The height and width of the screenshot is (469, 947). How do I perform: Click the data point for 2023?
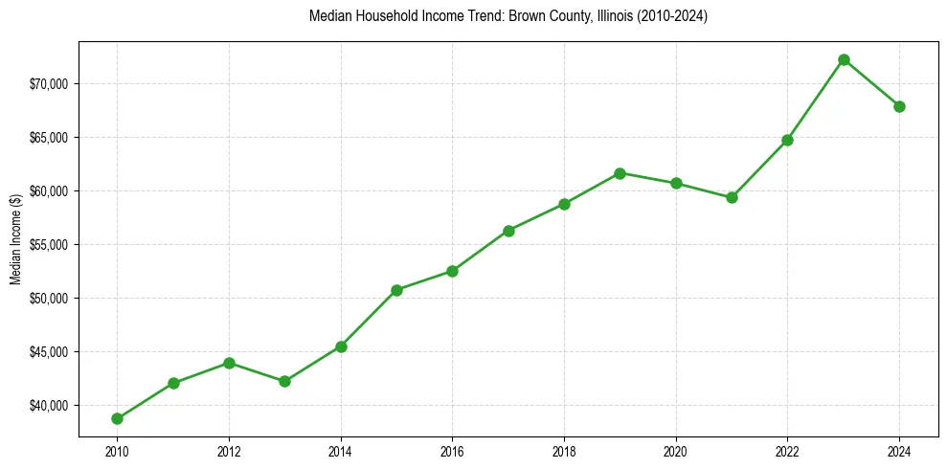844,59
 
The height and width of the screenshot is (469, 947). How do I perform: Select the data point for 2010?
117,418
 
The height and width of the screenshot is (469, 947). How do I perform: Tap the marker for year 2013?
284,381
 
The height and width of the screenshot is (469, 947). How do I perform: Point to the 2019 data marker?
620,173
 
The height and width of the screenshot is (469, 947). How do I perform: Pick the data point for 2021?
732,197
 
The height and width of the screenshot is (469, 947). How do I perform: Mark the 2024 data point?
899,106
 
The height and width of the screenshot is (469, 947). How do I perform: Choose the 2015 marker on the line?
396,290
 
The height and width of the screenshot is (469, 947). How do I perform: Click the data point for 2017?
508,231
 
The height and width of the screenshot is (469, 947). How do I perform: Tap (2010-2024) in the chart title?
676,16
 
